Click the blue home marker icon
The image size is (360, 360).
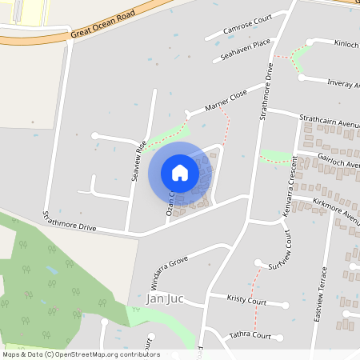[x=180, y=172]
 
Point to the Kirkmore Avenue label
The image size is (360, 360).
[x=336, y=209]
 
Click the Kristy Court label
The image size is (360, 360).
[x=246, y=301]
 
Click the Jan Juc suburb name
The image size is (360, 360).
[x=166, y=298]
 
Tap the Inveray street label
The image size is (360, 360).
[x=344, y=82]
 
